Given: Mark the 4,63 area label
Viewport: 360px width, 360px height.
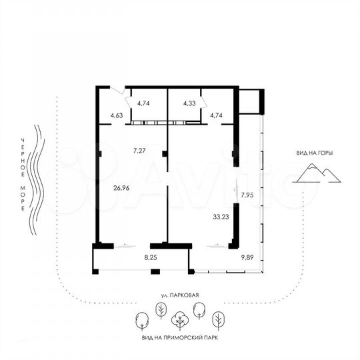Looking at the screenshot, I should click(x=117, y=116).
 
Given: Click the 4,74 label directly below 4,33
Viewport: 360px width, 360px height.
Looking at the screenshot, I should click(x=216, y=116).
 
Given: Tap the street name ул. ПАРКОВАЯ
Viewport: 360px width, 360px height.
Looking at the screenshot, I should click(x=180, y=294).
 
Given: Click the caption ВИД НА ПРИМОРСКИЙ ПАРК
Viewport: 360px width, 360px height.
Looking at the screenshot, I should click(x=180, y=337).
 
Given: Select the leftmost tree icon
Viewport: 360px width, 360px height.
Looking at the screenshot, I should click(x=141, y=322).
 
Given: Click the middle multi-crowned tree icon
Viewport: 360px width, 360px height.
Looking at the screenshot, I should click(x=179, y=321).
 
